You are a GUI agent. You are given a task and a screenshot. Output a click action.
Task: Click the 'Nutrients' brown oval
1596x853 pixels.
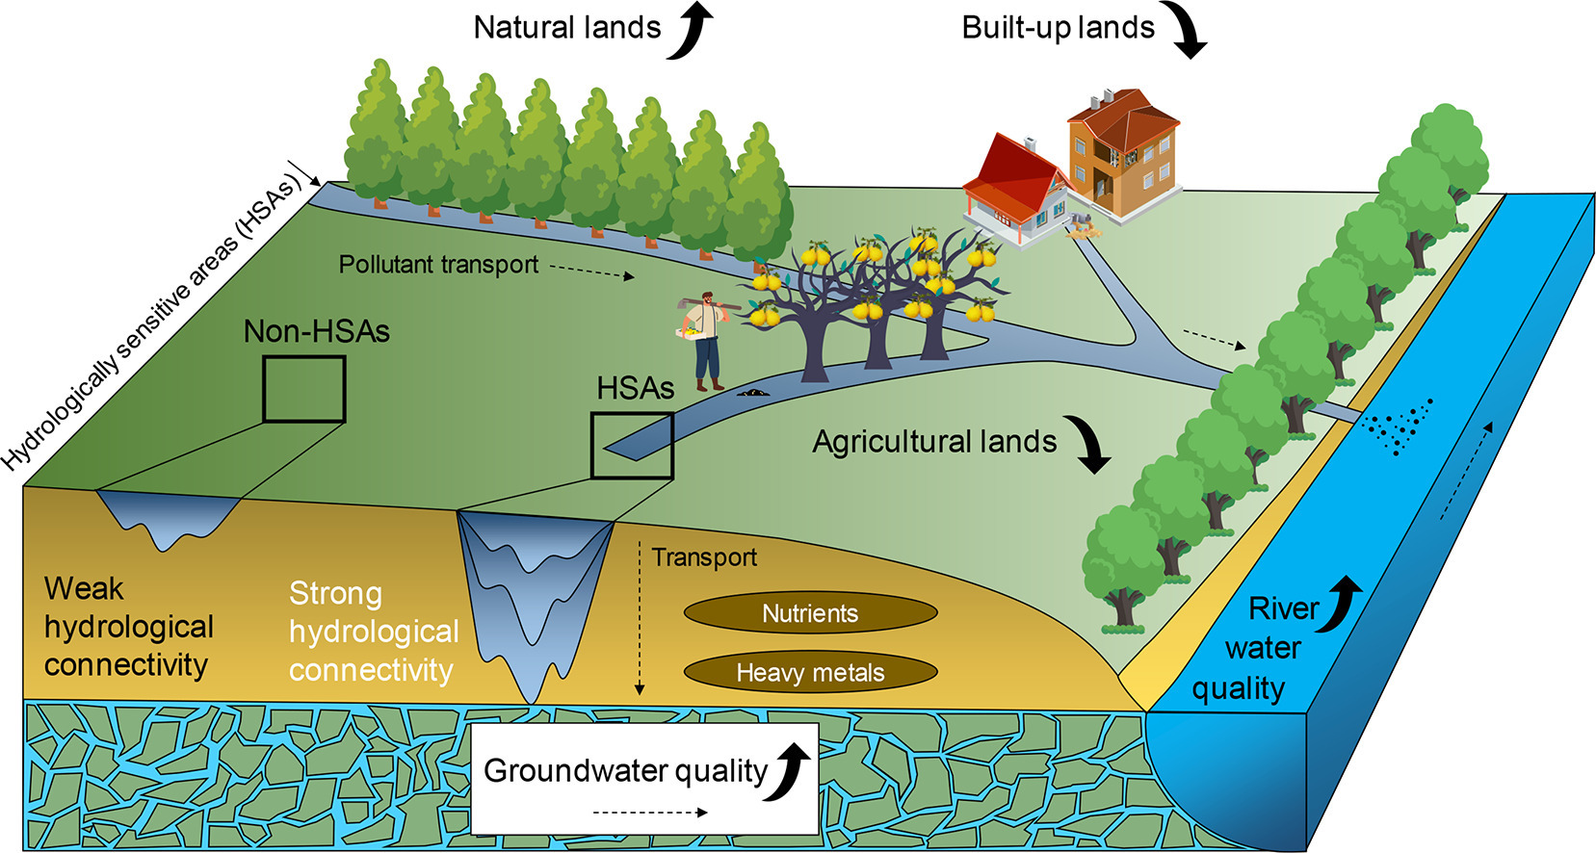(x=810, y=613)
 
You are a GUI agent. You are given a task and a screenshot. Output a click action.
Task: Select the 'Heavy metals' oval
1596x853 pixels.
(x=810, y=672)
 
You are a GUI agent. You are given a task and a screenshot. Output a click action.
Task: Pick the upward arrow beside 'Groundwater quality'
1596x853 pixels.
(x=795, y=770)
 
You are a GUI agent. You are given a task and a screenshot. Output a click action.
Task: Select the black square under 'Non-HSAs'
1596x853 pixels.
(x=304, y=389)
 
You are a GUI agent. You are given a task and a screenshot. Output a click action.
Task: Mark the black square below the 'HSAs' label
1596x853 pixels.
(x=632, y=445)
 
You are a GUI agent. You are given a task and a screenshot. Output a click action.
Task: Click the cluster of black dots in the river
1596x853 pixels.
(x=1401, y=424)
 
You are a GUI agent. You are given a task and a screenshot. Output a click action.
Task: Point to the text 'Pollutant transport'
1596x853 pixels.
(x=438, y=265)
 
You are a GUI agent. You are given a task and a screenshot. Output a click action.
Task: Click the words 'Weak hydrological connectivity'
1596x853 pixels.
(x=127, y=626)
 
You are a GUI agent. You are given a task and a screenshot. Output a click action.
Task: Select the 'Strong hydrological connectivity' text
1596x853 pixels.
(x=374, y=631)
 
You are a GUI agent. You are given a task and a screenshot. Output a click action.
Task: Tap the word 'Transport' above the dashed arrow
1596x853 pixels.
(x=704, y=557)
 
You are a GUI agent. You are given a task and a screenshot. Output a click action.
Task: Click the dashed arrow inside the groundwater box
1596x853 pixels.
(x=650, y=813)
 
